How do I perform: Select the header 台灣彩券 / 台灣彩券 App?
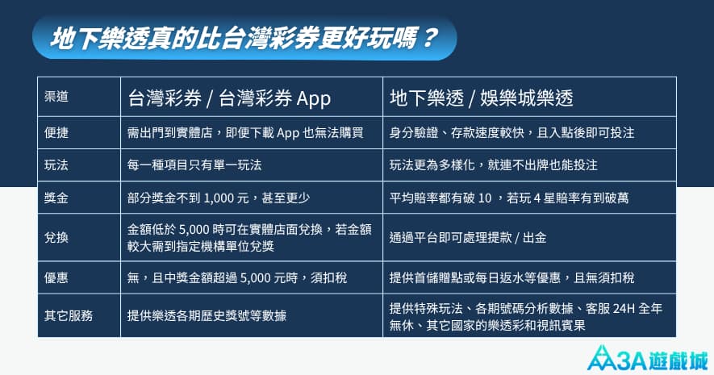pos(229,98)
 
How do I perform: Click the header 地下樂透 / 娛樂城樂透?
pos(481,98)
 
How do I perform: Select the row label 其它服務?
pos(69,315)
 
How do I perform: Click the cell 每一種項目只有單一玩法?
pos(194,165)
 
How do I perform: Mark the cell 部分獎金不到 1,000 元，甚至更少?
pos(219,198)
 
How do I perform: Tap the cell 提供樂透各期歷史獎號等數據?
pos(207,315)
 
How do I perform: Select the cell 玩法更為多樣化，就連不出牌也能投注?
pos(493,165)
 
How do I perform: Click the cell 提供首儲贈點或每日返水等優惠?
pos(511,278)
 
